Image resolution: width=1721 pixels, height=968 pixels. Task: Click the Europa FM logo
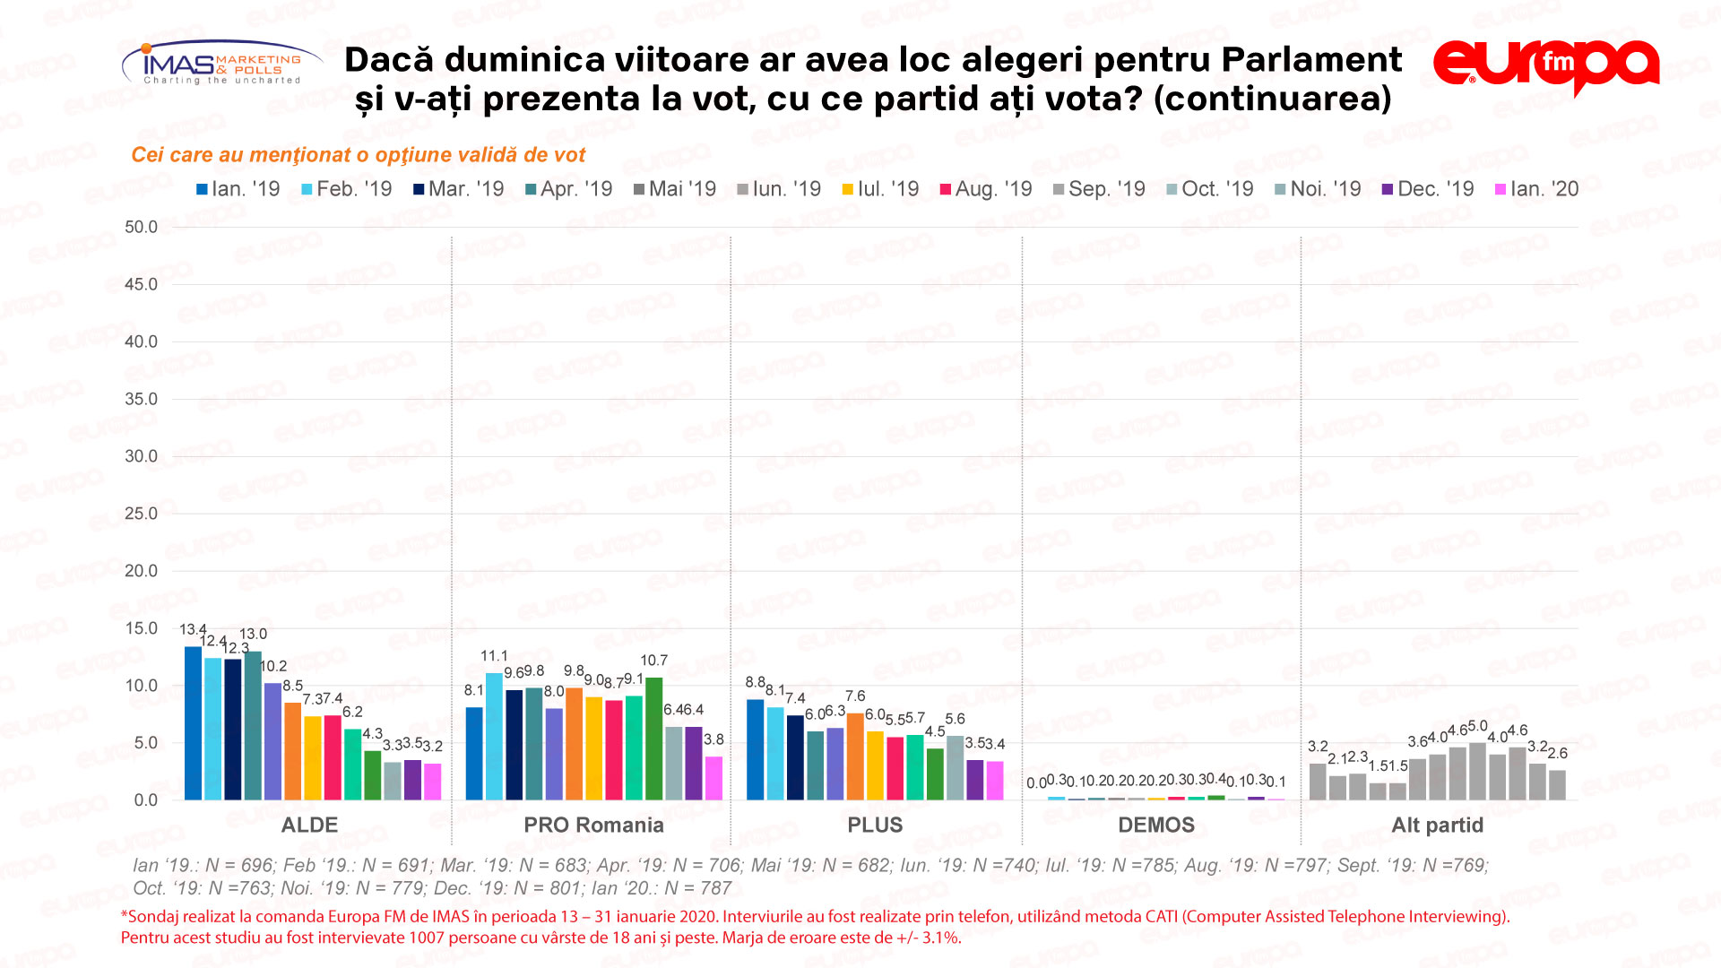[x=1545, y=65]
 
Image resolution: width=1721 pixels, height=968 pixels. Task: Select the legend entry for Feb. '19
[x=347, y=189]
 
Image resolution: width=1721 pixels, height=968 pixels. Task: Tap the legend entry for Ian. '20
[x=1536, y=189]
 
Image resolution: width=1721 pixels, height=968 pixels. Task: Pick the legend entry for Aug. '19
[x=985, y=189]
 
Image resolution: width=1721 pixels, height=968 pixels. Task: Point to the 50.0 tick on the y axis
[x=141, y=228]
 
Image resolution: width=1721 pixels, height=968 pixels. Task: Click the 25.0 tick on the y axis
[x=141, y=514]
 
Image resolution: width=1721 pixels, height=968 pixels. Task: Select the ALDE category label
[x=309, y=825]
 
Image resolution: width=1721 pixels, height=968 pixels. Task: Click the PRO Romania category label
[x=593, y=825]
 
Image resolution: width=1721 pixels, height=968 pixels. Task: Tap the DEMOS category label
[x=1156, y=825]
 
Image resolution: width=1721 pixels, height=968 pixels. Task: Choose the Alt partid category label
[x=1437, y=825]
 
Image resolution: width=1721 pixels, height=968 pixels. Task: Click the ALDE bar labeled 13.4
[x=193, y=722]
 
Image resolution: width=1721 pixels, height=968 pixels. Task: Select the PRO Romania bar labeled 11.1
[x=494, y=736]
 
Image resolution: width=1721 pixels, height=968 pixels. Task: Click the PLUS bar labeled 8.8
[x=755, y=749]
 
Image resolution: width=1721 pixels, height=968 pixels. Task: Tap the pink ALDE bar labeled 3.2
[x=432, y=782]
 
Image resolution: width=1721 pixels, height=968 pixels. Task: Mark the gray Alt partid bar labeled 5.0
[x=1477, y=771]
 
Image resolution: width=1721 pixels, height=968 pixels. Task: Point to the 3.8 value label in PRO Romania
[x=713, y=740]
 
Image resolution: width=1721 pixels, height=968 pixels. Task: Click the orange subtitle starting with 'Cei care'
[x=358, y=155]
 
